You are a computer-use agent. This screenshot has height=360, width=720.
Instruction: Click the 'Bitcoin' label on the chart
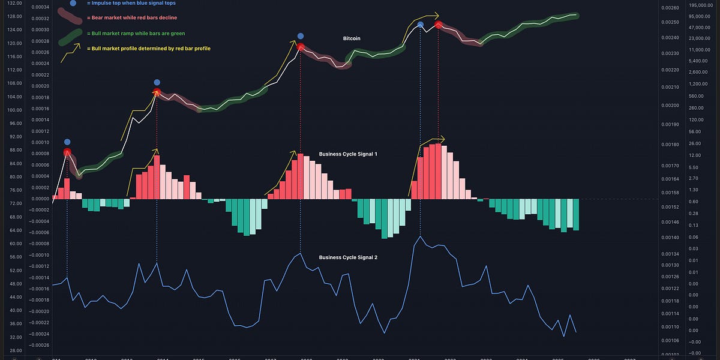coord(352,38)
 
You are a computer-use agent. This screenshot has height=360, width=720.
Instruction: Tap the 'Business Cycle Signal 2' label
coord(347,257)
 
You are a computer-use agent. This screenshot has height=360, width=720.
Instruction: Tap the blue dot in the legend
coord(73,3)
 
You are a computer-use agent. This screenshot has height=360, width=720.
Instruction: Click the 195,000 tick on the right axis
coord(701,5)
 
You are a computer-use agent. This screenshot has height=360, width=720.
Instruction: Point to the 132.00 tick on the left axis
coord(15,3)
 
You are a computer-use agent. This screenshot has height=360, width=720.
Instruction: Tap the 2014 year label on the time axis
coord(163,358)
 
